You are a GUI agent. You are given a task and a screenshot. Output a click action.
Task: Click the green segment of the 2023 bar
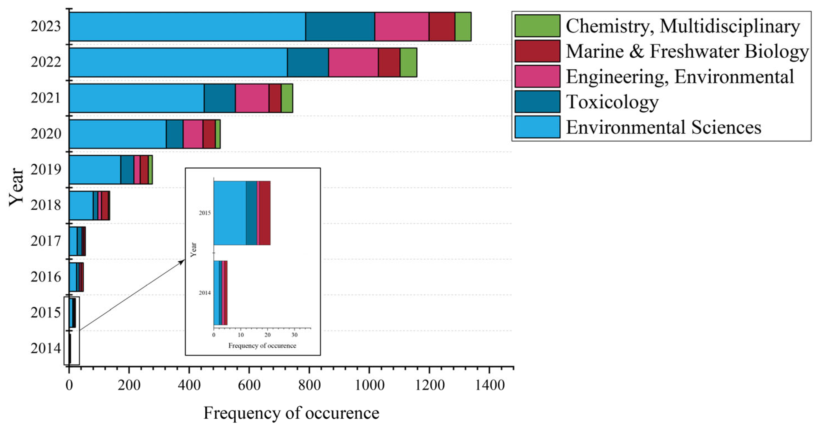tap(463, 27)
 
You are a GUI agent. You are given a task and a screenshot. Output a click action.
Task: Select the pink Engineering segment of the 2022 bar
tap(353, 62)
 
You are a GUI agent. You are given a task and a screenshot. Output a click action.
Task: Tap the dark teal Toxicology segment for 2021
tap(219, 98)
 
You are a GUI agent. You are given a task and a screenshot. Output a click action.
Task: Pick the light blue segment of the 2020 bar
tap(117, 134)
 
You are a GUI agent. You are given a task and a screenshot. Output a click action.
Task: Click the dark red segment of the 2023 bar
tap(442, 27)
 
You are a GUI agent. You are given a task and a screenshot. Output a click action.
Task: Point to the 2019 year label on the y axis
tap(46, 169)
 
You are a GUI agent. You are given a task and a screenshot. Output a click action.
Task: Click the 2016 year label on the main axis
tap(46, 277)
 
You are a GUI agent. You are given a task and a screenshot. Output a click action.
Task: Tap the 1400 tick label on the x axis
tap(489, 385)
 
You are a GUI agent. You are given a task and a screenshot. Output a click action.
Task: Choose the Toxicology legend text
tap(612, 102)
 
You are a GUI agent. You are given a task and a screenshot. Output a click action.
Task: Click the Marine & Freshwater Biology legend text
tap(687, 51)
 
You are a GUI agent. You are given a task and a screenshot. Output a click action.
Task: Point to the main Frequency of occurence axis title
tap(291, 413)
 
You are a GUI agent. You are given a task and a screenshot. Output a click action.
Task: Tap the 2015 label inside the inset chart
tap(205, 213)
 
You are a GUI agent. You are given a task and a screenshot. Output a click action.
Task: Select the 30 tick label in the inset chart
tap(294, 335)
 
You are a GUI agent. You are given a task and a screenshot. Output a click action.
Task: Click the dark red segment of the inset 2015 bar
tap(265, 213)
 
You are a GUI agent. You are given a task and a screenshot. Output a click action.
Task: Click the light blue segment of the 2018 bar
tap(81, 205)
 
